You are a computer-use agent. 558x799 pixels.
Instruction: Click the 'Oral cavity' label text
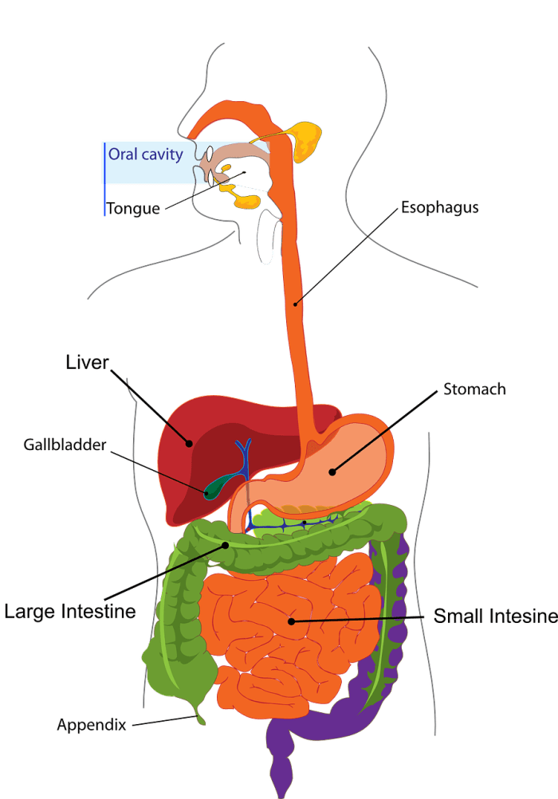(x=146, y=155)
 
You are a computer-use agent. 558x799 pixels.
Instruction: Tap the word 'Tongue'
(x=133, y=209)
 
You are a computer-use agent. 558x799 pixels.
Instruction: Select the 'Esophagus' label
(x=439, y=208)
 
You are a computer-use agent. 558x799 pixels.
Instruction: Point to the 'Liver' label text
(x=87, y=363)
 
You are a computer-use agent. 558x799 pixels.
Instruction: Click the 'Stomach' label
(x=474, y=390)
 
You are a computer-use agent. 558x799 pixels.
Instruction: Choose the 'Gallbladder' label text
(x=65, y=445)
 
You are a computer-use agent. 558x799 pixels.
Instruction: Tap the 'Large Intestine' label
(x=70, y=612)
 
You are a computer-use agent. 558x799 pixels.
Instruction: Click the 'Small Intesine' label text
(x=494, y=616)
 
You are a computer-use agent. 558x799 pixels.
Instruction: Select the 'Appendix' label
(x=92, y=725)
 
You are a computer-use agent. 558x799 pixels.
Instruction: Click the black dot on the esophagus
(x=296, y=302)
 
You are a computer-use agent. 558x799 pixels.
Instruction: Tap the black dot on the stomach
(x=332, y=472)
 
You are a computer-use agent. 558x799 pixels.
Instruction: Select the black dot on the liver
(x=190, y=444)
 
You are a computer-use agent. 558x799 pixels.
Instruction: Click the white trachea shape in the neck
(x=269, y=237)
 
